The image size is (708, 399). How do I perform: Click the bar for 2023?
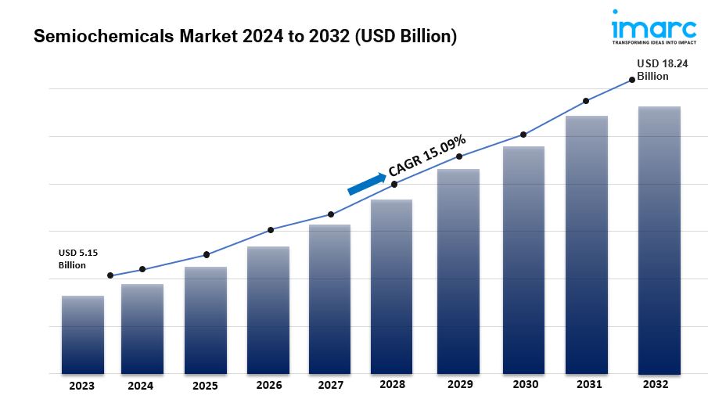coord(83,335)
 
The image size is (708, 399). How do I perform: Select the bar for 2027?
coord(329,299)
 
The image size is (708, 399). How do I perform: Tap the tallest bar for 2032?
coord(659,240)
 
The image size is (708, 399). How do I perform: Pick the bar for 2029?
coord(458,271)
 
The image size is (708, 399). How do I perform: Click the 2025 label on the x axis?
coord(206,385)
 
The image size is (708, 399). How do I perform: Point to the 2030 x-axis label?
coord(524,385)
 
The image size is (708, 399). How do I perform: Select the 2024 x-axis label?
coord(142,385)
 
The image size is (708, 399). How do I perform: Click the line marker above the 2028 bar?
coord(394,184)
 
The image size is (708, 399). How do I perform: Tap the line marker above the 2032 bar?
coord(632,80)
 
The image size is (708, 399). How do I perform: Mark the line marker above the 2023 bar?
coord(110,275)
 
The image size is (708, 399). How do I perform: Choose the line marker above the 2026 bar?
coord(271,230)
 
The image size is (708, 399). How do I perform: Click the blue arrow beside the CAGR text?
coord(367,184)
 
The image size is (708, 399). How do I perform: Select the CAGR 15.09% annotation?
coord(427,156)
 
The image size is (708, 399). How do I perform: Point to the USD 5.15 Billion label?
coord(78,259)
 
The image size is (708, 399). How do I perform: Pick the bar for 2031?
coord(587,245)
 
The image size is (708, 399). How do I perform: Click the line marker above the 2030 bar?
coord(523,135)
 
